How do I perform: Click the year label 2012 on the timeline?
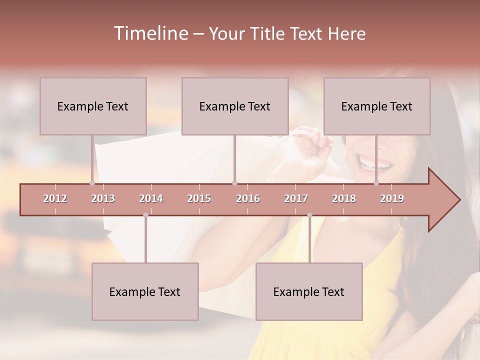pyautogui.click(x=55, y=198)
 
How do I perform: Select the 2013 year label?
pyautogui.click(x=103, y=198)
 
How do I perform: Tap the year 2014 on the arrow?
pyautogui.click(x=151, y=198)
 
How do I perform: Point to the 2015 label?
pyautogui.click(x=199, y=198)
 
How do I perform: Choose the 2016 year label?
pyautogui.click(x=248, y=198)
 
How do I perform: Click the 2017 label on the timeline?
pyautogui.click(x=296, y=198)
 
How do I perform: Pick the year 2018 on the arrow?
pyautogui.click(x=344, y=198)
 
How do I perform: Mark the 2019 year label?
pyautogui.click(x=392, y=198)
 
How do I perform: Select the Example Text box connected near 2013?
pyautogui.click(x=93, y=106)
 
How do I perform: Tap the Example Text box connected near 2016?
pyautogui.click(x=235, y=106)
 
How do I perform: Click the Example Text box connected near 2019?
pyautogui.click(x=377, y=106)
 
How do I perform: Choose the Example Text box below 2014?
pyautogui.click(x=145, y=291)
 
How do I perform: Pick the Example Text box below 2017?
pyautogui.click(x=309, y=291)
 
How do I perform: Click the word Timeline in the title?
pyautogui.click(x=150, y=33)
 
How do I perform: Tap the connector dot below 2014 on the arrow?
pyautogui.click(x=145, y=215)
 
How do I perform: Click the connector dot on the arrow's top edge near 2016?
pyautogui.click(x=235, y=183)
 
